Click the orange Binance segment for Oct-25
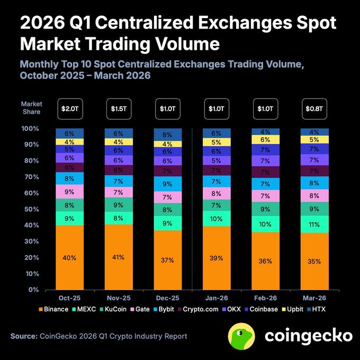click(x=69, y=258)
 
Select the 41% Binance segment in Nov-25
click(x=118, y=257)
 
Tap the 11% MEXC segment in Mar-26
click(x=314, y=224)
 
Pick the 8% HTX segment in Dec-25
click(x=167, y=134)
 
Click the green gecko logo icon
click(x=242, y=336)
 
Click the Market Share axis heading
click(x=31, y=108)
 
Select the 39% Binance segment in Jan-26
click(x=217, y=258)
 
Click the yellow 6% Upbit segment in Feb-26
click(x=265, y=140)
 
